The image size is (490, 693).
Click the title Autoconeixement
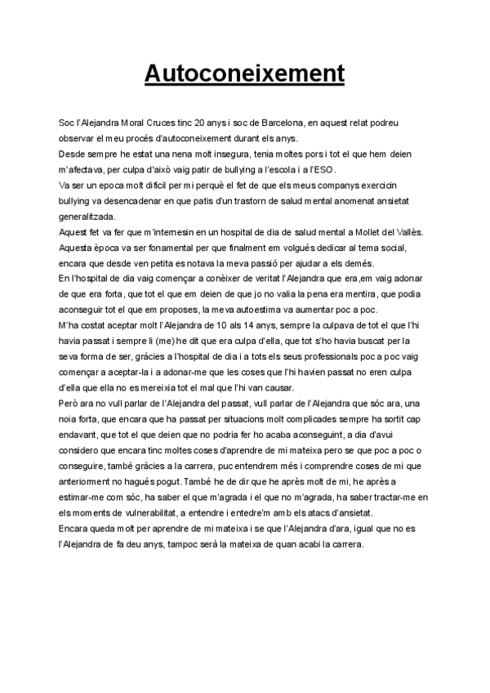tap(244, 73)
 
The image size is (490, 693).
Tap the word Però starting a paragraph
tap(70, 404)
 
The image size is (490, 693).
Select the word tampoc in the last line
tap(180, 544)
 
